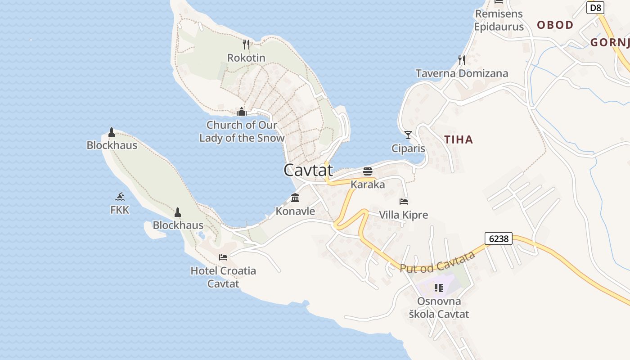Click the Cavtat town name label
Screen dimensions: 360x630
308,170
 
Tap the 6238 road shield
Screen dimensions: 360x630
499,238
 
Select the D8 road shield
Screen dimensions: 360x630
595,8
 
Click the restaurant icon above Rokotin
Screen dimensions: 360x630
246,44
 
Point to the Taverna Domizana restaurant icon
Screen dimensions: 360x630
461,60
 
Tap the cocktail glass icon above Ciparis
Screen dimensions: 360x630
408,135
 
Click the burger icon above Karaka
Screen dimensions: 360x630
368,171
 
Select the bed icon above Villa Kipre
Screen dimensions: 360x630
404,201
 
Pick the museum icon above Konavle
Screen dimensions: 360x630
295,198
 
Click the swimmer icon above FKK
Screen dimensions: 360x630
120,196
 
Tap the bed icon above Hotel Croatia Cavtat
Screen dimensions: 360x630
223,257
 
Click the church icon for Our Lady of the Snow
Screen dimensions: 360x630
242,111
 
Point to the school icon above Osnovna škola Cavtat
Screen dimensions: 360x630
439,288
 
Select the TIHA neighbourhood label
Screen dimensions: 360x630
459,139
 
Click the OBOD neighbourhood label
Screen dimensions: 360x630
555,25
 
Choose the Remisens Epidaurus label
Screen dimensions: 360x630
499,20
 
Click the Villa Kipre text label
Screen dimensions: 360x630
403,215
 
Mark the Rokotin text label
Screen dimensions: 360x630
246,58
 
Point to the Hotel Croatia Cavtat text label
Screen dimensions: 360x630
223,277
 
